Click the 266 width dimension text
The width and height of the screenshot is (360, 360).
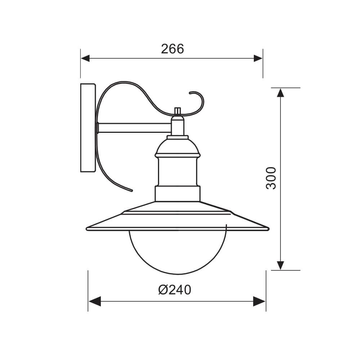pyautogui.click(x=172, y=49)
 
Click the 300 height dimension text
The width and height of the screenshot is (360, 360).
pyautogui.click(x=271, y=178)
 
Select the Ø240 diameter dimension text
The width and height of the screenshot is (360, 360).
pyautogui.click(x=174, y=289)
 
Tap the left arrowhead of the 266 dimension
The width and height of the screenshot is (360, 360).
pyautogui.click(x=85, y=58)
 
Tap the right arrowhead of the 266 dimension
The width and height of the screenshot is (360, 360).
pyautogui.click(x=258, y=58)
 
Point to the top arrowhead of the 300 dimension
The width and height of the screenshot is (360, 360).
pyautogui.click(x=280, y=92)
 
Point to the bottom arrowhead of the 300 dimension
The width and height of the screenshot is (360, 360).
pyautogui.click(x=280, y=265)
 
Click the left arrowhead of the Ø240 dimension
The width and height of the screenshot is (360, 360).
pyautogui.click(x=94, y=301)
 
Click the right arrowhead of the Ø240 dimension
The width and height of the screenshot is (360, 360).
pyautogui.click(x=260, y=301)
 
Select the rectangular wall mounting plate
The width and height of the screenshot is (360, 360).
pyautogui.click(x=88, y=128)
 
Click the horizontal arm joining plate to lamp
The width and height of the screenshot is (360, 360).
pyautogui.click(x=133, y=128)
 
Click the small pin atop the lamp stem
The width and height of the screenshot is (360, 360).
pyautogui.click(x=177, y=111)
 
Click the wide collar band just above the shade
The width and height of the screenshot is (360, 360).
pyautogui.click(x=177, y=194)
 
